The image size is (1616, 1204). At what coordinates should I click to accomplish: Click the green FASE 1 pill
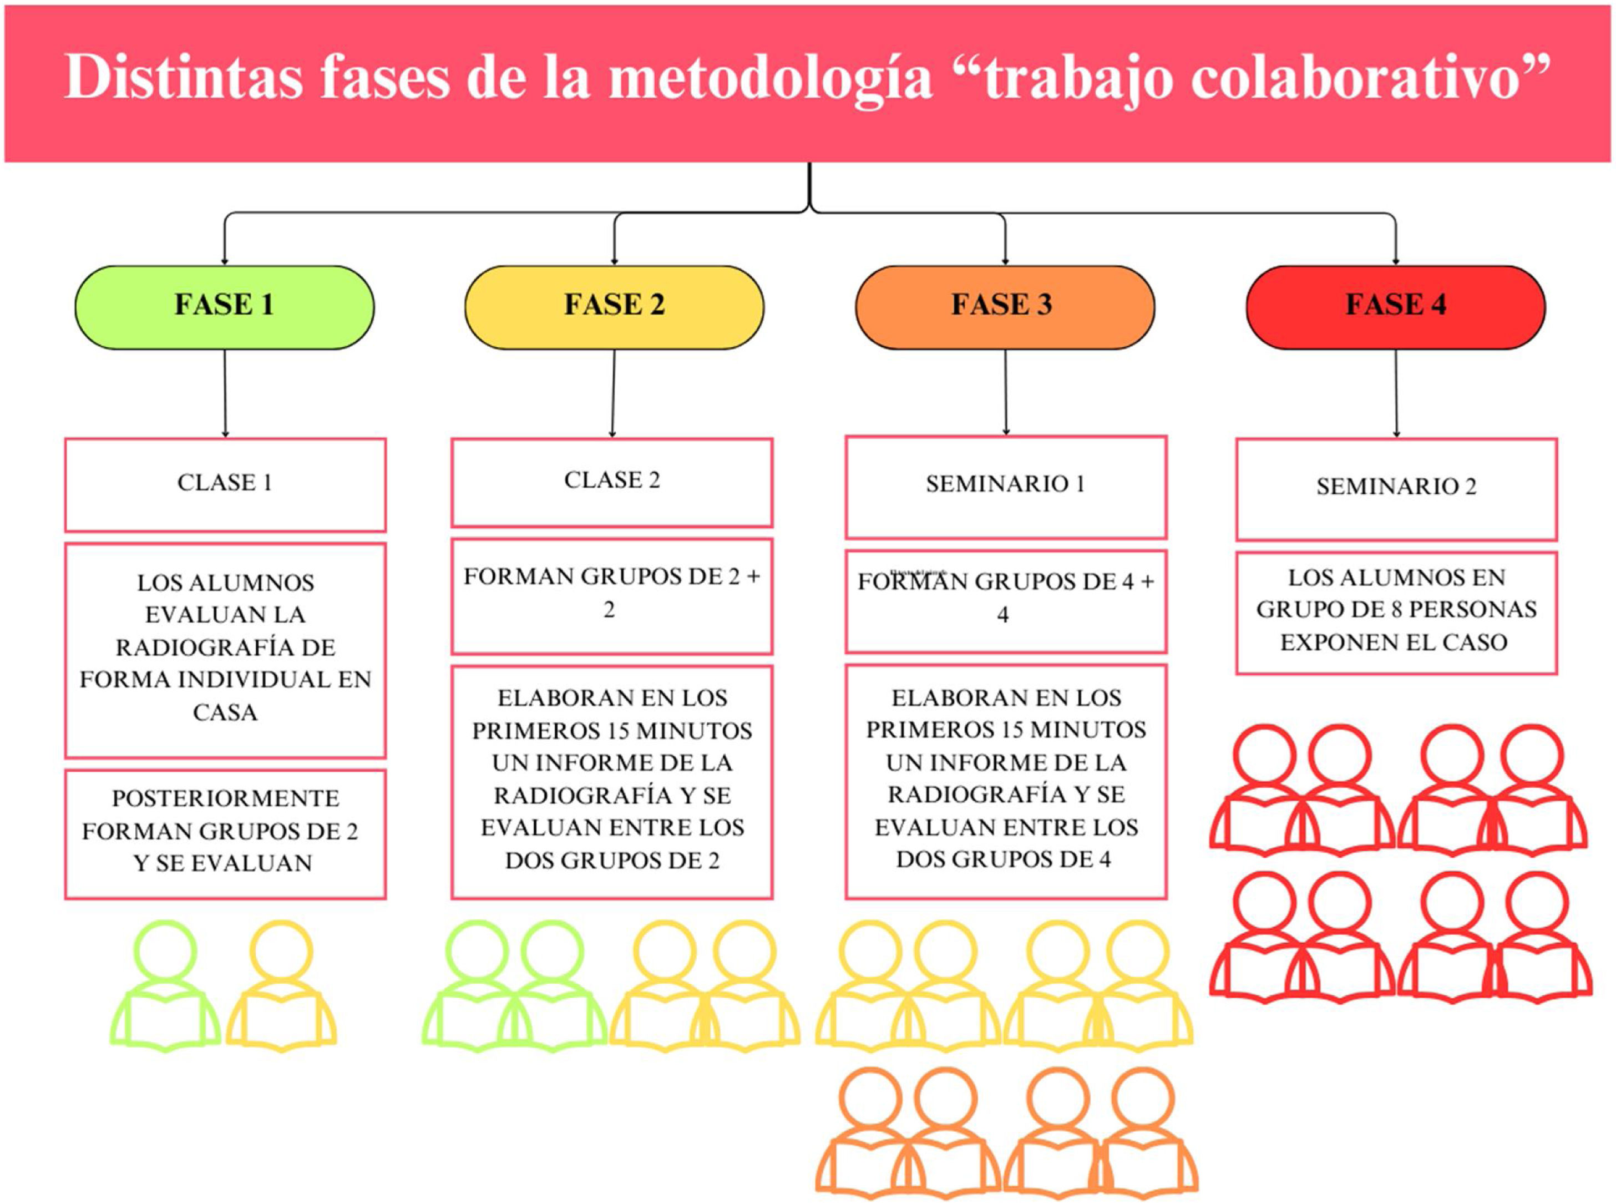point(225,306)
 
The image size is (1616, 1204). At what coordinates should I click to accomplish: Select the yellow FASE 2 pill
point(614,306)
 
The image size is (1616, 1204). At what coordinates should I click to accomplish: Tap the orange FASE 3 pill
point(1004,306)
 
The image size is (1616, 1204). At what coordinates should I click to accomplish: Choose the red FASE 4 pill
point(1395,306)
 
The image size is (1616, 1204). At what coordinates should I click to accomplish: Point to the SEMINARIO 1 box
point(1005,486)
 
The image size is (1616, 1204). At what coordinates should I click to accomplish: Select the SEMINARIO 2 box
point(1396,488)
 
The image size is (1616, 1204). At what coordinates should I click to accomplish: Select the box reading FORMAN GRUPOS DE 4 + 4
point(1005,600)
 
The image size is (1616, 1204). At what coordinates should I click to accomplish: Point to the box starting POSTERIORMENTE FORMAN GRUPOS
point(225,832)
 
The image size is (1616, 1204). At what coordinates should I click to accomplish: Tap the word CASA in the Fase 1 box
point(225,712)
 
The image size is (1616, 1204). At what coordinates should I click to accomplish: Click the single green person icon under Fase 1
point(165,987)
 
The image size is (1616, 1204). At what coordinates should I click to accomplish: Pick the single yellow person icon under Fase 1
point(281,987)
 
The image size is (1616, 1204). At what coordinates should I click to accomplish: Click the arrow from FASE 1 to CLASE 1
point(225,393)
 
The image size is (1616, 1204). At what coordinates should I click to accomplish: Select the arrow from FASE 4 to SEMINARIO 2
point(1396,393)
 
